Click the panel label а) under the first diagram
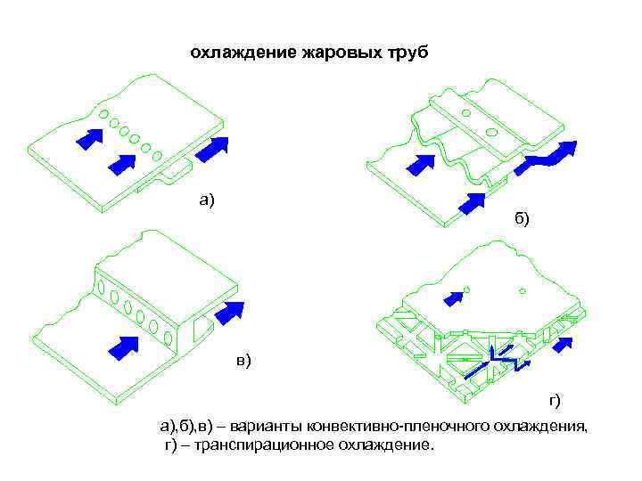point(207,200)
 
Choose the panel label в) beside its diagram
point(243,359)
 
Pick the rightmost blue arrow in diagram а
point(212,149)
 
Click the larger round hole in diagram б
point(490,132)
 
